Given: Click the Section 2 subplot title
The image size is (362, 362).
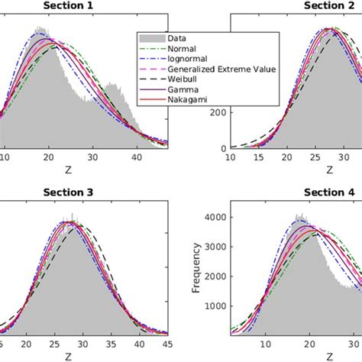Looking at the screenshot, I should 328,6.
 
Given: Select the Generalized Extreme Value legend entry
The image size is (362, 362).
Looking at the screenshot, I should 221,69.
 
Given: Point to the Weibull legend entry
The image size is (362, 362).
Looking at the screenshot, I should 186,79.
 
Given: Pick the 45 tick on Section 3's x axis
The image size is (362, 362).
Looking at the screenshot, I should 166,343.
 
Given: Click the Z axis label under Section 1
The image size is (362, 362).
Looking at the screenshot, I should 69,168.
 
